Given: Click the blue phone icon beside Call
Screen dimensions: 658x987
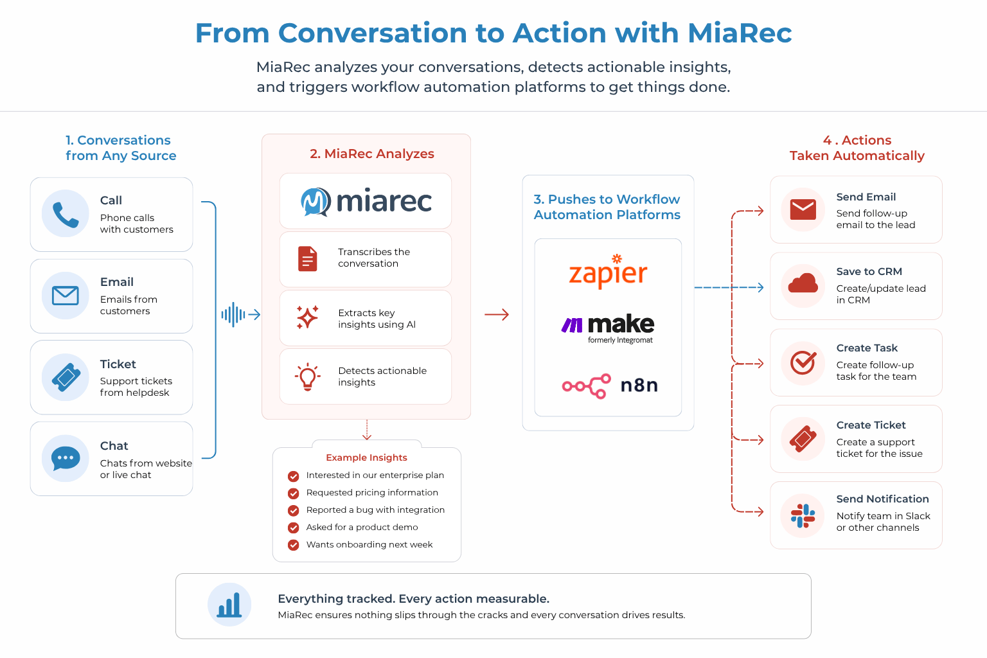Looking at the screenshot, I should click(x=66, y=214).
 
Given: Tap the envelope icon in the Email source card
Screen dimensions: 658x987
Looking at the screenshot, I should click(x=66, y=296).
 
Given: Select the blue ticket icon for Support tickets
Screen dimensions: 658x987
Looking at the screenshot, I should click(x=66, y=377).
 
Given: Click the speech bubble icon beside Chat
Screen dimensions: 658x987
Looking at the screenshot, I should click(x=66, y=459).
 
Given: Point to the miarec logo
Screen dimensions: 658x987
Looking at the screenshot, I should click(x=366, y=201).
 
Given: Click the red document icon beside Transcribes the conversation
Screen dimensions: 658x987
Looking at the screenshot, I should click(x=308, y=258).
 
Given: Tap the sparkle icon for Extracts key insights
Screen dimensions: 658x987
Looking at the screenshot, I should click(x=307, y=317).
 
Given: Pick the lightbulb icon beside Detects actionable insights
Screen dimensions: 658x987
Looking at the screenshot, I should click(x=307, y=377).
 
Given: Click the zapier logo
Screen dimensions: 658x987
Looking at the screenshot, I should click(x=608, y=272).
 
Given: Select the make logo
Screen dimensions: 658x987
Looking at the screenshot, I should click(x=608, y=326).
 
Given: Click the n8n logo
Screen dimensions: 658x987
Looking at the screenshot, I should click(x=610, y=386).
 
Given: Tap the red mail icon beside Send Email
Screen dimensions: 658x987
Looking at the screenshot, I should click(x=803, y=209).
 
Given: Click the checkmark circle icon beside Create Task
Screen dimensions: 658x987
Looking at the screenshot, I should click(x=803, y=362).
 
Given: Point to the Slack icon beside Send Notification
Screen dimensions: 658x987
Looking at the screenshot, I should click(x=803, y=515).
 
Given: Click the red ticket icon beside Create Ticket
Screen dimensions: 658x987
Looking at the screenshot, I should click(x=803, y=439).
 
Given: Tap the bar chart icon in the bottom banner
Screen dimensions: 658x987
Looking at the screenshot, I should click(x=229, y=605).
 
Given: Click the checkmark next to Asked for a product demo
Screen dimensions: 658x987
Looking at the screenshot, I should click(x=294, y=528).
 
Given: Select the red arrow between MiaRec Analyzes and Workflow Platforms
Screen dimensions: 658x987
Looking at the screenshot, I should click(x=497, y=314).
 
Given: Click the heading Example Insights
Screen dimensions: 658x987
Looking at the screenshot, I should click(x=366, y=458).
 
